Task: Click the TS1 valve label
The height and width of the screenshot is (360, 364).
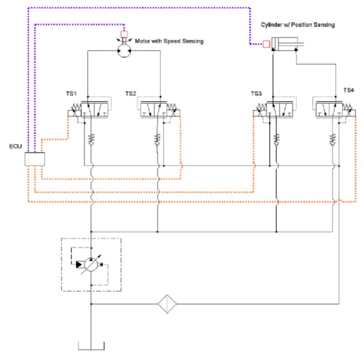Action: coord(72,93)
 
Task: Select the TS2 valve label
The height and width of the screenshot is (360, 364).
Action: coord(130,93)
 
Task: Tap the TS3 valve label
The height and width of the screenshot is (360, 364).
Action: coord(257,93)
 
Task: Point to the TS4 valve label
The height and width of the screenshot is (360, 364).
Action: coord(348,90)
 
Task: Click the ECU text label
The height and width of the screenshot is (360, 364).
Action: coord(15,147)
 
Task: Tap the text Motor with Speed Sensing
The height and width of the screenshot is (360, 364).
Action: coord(170,41)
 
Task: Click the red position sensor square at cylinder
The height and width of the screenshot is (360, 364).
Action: coord(266,44)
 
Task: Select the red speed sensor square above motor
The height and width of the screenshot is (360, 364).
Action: coord(124,33)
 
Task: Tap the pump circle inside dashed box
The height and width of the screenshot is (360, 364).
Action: coord(90,264)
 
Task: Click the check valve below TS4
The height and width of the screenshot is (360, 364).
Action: coord(332,139)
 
